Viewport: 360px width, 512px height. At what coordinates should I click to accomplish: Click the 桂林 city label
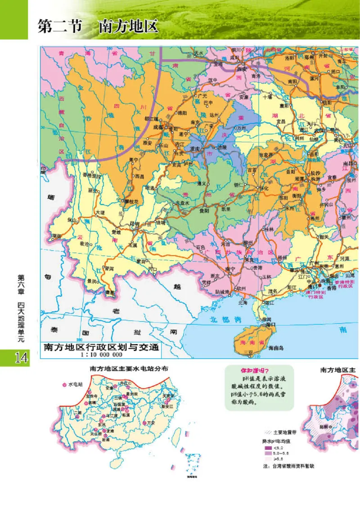269,229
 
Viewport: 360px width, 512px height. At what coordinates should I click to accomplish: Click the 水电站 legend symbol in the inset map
64,384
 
